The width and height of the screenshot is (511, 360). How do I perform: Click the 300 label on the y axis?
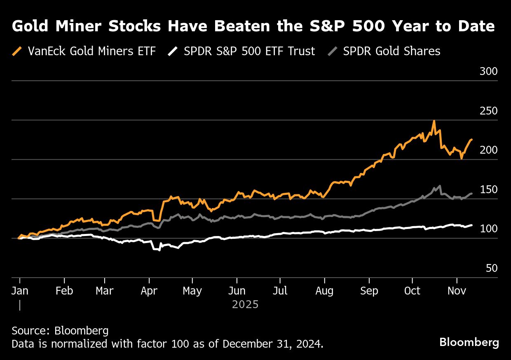tap(489, 72)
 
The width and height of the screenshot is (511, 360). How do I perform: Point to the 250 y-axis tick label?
tap(489, 111)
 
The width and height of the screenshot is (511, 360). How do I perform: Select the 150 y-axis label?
tap(489, 190)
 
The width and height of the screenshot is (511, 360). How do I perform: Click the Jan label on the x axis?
tap(19, 290)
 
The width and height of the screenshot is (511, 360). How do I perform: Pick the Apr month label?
tap(149, 290)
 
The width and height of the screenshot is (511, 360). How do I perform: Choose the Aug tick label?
tap(324, 290)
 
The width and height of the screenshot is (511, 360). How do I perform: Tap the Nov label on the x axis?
tap(456, 290)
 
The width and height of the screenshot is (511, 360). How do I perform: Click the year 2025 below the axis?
tap(245, 305)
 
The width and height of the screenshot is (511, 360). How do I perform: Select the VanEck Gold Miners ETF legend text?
tap(91, 51)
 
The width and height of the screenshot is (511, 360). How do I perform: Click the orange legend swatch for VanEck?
tap(17, 51)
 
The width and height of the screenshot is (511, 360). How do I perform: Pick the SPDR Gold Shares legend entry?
tap(391, 51)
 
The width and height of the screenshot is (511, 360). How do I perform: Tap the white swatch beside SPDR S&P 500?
tap(173, 51)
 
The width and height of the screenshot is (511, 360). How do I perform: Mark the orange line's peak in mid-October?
tap(434, 121)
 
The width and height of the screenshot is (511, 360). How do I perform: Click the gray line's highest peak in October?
tap(440, 186)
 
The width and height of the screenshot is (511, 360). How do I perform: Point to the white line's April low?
tap(159, 250)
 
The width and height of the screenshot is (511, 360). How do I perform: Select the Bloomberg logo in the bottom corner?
tap(469, 342)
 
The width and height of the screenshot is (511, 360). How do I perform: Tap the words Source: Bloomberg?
tap(60, 330)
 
